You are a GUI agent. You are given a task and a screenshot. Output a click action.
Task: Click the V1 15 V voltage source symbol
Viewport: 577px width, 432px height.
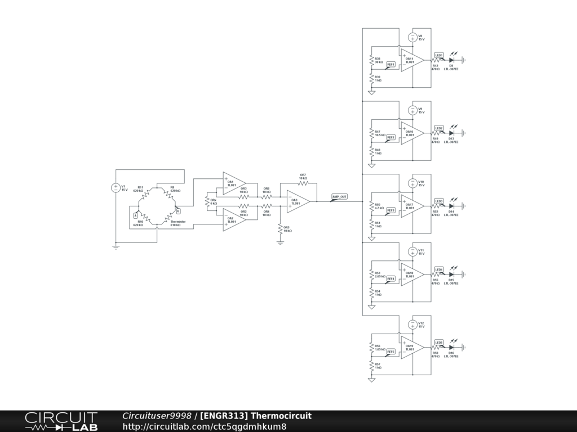pyautogui.click(x=116, y=188)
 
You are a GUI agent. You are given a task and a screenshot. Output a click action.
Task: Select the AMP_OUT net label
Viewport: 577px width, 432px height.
pyautogui.click(x=339, y=197)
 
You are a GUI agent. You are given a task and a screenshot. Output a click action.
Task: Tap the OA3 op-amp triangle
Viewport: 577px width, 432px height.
pyautogui.click(x=298, y=202)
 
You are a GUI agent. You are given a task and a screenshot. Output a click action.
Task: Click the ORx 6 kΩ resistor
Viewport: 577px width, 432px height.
pyautogui.click(x=207, y=201)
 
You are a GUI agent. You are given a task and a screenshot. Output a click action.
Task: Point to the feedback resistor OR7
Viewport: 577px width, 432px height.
pyautogui.click(x=303, y=183)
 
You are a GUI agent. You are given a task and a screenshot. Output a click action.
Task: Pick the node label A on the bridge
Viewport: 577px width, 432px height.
pyautogui.click(x=135, y=215)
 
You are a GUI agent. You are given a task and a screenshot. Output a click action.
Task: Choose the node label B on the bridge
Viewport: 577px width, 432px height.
pyautogui.click(x=178, y=211)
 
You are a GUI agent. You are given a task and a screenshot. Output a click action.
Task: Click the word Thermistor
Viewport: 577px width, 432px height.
pyautogui.click(x=177, y=222)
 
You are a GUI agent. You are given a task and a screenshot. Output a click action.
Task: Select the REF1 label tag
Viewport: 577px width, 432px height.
pyautogui.click(x=390, y=65)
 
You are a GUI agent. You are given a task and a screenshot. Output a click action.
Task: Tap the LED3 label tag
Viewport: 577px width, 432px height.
pyautogui.click(x=439, y=201)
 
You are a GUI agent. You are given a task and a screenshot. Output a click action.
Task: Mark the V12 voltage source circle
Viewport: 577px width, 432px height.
pyautogui.click(x=412, y=324)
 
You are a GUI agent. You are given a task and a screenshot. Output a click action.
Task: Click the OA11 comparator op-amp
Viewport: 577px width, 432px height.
pyautogui.click(x=412, y=60)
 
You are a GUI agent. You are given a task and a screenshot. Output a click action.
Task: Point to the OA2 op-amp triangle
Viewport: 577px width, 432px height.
pyautogui.click(x=233, y=219)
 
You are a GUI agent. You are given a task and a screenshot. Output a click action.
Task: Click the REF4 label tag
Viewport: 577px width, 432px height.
pyautogui.click(x=390, y=278)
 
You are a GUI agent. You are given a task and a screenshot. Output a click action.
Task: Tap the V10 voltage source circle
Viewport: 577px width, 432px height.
pyautogui.click(x=412, y=183)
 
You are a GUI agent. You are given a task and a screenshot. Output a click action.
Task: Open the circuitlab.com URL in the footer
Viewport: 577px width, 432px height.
pyautogui.click(x=204, y=426)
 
